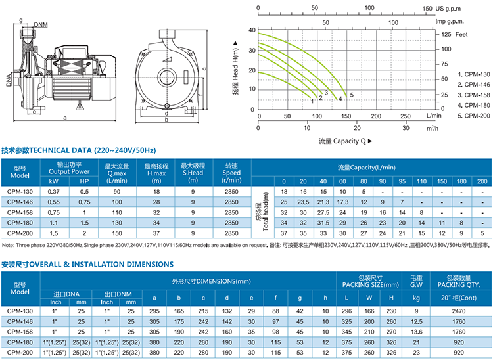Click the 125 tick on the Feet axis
point(446,34)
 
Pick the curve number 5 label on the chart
point(352,95)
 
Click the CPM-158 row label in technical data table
point(20,213)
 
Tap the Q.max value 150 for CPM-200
point(116,233)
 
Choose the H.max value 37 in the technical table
point(156,233)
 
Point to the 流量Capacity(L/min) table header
point(371,168)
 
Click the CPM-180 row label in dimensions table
point(20,342)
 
